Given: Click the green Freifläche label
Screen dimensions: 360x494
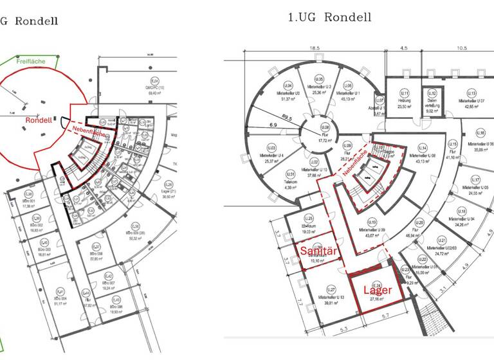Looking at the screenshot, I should [31, 62].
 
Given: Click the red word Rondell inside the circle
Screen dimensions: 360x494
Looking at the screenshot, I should [39, 120].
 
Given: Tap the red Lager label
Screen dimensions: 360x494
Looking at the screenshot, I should [378, 290].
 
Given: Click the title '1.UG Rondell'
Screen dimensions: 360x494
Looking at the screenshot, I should [329, 17].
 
